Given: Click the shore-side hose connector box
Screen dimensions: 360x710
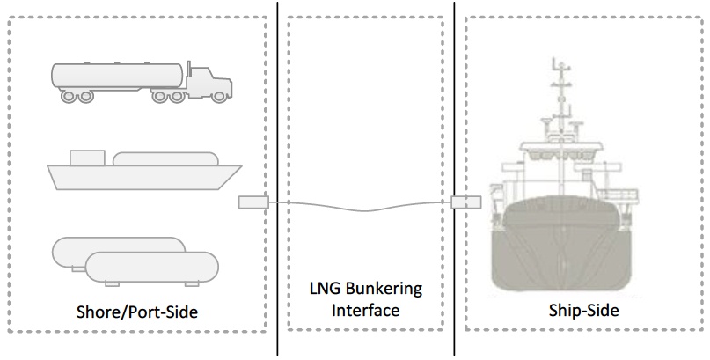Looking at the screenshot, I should click(253, 203).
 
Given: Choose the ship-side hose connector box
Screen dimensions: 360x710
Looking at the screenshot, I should click(464, 203).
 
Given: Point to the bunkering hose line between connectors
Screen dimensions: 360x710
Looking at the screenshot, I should click(361, 208).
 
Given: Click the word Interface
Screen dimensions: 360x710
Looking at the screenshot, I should click(364, 310).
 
